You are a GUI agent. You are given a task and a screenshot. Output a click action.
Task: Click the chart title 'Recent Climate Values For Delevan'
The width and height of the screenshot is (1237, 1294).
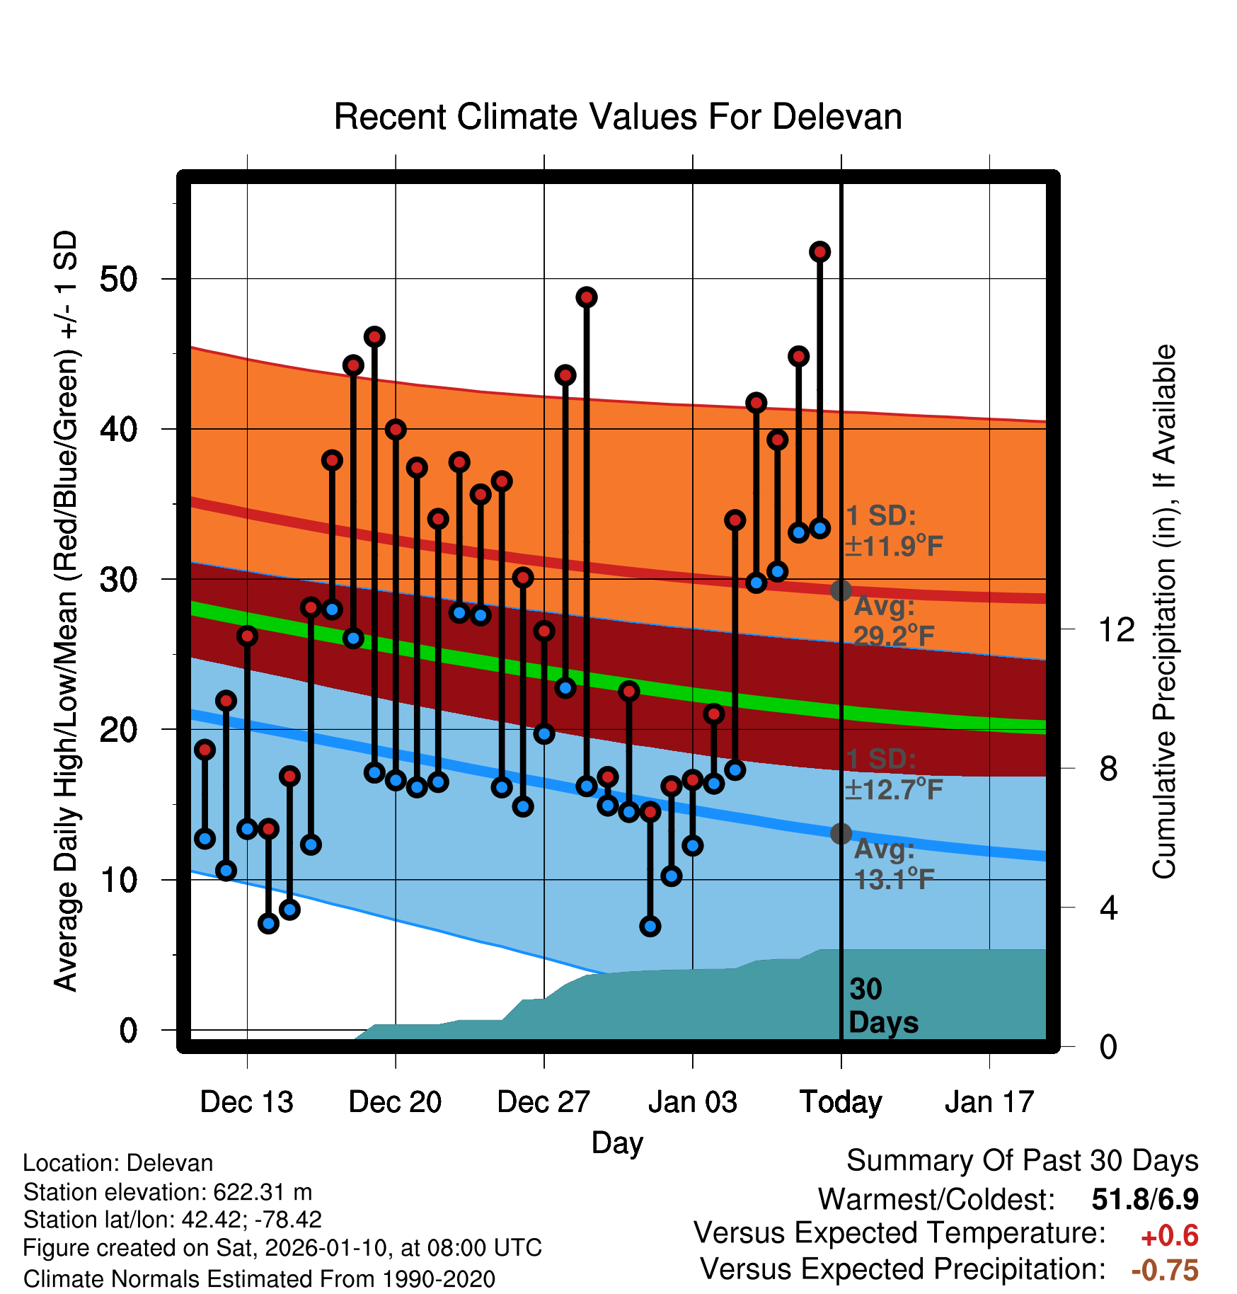pos(618,117)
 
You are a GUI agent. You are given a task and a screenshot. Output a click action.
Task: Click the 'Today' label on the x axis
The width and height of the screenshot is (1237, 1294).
pos(841,1102)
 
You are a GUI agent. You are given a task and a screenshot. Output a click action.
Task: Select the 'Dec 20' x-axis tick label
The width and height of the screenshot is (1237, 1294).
pos(395,1102)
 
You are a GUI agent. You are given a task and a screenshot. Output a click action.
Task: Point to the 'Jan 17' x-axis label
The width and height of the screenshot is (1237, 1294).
pos(989,1102)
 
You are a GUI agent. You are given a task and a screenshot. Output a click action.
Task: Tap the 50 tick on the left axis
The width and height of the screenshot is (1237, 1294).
pos(118,279)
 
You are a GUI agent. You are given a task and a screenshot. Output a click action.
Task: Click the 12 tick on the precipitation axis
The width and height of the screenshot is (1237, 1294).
pos(1117,629)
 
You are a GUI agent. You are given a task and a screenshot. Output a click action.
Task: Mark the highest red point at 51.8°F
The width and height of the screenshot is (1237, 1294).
pos(820,252)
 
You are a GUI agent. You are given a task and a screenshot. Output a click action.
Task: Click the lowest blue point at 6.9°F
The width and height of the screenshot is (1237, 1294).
pos(650,926)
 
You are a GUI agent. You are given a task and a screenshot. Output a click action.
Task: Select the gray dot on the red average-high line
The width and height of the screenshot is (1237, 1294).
pos(841,590)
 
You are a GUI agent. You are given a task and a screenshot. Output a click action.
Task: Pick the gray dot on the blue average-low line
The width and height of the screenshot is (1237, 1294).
pos(841,834)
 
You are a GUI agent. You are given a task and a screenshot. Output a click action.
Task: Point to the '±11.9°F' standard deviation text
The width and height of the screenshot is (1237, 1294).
pos(894,546)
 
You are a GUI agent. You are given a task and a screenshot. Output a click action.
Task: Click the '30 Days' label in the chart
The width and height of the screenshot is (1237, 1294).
pos(882,1006)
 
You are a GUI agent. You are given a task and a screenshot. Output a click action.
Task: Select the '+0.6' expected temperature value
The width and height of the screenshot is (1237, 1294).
pos(1170,1236)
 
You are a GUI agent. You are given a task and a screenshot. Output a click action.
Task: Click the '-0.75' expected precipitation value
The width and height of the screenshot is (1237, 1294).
pos(1165,1270)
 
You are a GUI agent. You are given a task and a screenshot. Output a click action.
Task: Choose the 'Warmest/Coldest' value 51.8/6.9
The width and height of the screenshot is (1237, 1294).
pos(1145,1200)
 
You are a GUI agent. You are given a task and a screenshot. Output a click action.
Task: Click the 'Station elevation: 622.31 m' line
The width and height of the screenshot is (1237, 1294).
pos(168,1192)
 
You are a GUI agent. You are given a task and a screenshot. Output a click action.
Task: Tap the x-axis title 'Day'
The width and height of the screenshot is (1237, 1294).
pos(617,1143)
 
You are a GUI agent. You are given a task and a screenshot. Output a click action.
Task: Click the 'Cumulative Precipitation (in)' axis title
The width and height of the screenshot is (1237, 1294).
pos(1164,612)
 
